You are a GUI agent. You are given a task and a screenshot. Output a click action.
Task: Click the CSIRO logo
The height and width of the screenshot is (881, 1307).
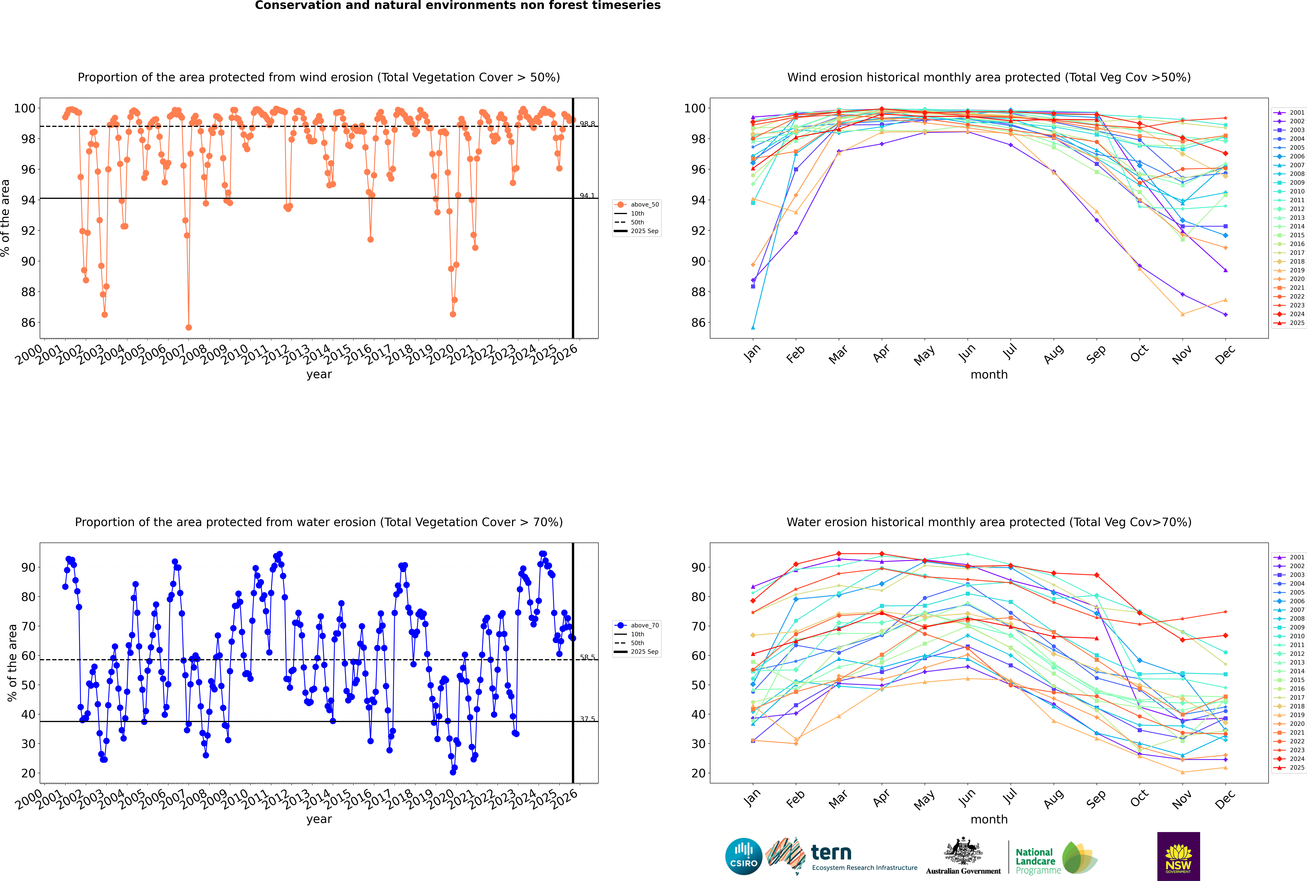click(x=743, y=856)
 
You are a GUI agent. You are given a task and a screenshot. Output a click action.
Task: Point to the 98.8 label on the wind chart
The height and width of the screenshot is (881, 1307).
click(x=587, y=124)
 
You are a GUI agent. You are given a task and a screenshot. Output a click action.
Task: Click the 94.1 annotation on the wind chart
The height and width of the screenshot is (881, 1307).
click(x=587, y=195)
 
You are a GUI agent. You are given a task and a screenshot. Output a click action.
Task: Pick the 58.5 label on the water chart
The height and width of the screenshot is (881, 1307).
click(x=587, y=657)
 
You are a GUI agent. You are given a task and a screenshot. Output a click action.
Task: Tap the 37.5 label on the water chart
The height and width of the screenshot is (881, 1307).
click(x=587, y=719)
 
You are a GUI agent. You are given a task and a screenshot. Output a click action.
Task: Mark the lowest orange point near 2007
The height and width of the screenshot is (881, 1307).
click(x=189, y=328)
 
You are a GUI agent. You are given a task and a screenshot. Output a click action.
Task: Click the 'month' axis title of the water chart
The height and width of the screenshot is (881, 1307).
click(x=989, y=819)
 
